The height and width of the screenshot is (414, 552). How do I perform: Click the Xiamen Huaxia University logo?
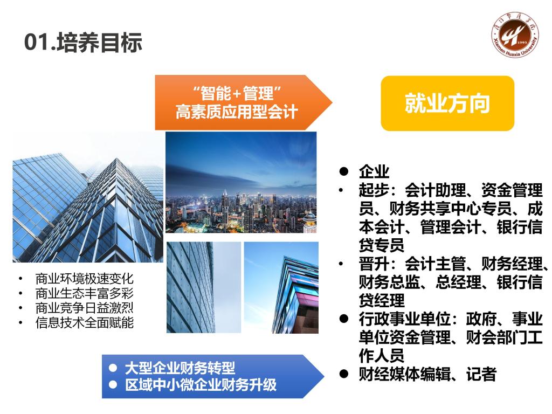coord(515,35)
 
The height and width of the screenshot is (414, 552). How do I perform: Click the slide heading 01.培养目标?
coord(83,42)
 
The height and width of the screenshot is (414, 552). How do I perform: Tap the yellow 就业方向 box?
coord(447,103)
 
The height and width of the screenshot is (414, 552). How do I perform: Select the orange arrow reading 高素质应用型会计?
coord(243,102)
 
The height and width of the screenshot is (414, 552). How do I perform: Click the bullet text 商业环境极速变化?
coord(85,279)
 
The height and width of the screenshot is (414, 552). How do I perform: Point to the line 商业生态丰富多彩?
coord(85,293)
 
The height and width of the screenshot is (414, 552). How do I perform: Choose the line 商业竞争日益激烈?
coord(85,308)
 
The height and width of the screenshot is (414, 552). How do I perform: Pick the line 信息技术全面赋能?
coord(85,322)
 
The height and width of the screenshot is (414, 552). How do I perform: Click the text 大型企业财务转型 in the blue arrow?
coord(180,368)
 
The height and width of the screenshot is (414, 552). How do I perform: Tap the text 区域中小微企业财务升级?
coord(201,384)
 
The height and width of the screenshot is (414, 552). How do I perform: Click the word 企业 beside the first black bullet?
coord(374,171)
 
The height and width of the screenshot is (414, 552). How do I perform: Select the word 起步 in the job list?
coord(374,190)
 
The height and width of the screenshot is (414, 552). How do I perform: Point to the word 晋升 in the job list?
coord(374,264)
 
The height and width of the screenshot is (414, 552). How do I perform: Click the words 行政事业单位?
coord(405,319)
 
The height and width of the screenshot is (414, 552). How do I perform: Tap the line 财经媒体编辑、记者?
coord(427,374)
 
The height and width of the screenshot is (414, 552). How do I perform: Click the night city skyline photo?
coord(241,182)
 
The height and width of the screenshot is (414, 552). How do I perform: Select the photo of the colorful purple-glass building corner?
coord(281,287)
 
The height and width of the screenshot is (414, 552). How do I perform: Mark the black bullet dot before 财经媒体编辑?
coord(343,374)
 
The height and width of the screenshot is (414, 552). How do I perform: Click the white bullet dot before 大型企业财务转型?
coord(113,368)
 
